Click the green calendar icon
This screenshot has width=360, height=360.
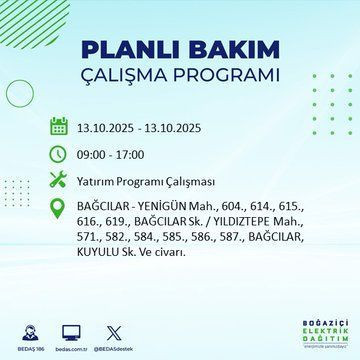[x=58, y=127]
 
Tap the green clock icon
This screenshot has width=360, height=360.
[x=58, y=154]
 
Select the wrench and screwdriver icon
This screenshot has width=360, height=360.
[x=58, y=181]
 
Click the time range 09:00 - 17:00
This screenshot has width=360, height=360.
[x=113, y=155]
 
